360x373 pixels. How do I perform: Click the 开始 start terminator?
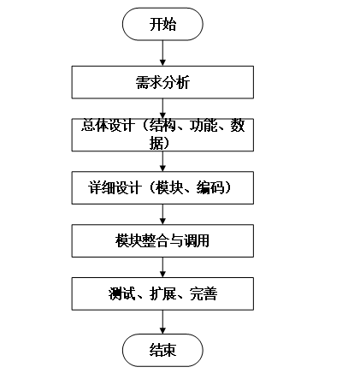pyautogui.click(x=162, y=24)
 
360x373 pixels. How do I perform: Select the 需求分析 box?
pyautogui.click(x=162, y=82)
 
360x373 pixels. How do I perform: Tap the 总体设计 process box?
pyautogui.click(x=162, y=135)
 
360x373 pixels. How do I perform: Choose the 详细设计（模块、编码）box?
pyautogui.click(x=162, y=188)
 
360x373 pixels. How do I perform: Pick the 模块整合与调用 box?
pyautogui.click(x=162, y=241)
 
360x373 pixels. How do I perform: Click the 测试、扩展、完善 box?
pyautogui.click(x=162, y=293)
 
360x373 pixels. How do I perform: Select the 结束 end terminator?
pyautogui.click(x=162, y=350)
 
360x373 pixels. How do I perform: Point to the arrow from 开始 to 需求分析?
pyautogui.click(x=162, y=53)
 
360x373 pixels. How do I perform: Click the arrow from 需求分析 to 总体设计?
pyautogui.click(x=162, y=109)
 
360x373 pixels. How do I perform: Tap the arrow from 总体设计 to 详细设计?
pyautogui.click(x=162, y=162)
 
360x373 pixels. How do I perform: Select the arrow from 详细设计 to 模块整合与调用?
pyautogui.click(x=162, y=215)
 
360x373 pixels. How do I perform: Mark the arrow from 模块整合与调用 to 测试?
pyautogui.click(x=162, y=268)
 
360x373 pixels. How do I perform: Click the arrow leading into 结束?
pyautogui.click(x=162, y=322)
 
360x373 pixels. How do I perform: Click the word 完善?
pyautogui.click(x=204, y=293)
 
